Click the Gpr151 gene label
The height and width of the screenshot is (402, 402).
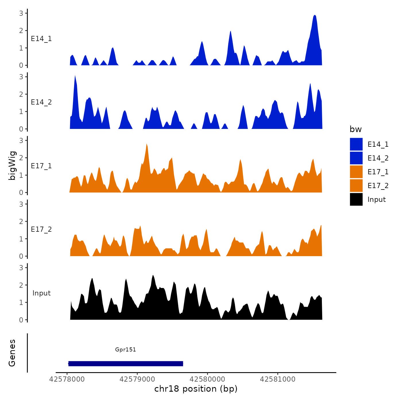click(125, 349)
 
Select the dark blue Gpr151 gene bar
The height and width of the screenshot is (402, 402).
click(125, 364)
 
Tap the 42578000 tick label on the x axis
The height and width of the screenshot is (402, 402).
click(67, 379)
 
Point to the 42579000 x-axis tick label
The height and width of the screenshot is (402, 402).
click(137, 379)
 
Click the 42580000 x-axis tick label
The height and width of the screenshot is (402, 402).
click(207, 379)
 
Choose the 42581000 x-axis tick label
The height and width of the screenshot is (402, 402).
click(277, 379)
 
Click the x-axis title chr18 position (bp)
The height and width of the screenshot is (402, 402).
click(196, 389)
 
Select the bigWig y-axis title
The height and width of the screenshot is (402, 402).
click(12, 166)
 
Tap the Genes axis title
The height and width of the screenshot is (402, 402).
click(12, 353)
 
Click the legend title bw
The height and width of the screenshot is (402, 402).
click(355, 129)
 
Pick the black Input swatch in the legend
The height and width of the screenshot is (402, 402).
click(356, 199)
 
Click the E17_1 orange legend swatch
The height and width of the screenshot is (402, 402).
click(356, 172)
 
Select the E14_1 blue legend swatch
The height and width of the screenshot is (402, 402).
click(356, 144)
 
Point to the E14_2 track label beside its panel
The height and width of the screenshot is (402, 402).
click(41, 102)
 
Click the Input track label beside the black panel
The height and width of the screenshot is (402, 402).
click(41, 293)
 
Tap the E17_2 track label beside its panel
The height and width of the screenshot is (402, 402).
click(41, 229)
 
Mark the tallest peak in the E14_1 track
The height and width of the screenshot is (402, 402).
click(315, 16)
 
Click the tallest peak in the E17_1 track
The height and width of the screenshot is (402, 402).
click(146, 144)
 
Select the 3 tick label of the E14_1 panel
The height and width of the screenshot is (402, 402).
click(21, 13)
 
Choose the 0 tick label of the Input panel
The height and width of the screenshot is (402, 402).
click(21, 320)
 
